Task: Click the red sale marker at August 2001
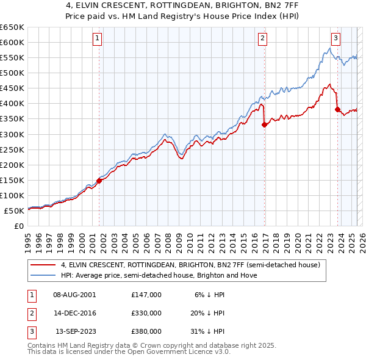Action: [x=99, y=181]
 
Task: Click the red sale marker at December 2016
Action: [x=264, y=124]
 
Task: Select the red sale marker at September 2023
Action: [x=337, y=109]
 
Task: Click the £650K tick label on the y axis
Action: [x=12, y=27]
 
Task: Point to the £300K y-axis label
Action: [x=12, y=134]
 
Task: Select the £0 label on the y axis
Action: [x=18, y=226]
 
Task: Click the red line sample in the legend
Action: [x=43, y=265]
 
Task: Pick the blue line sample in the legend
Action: [x=43, y=276]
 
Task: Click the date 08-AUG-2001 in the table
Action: [x=74, y=295]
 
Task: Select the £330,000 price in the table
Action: [x=146, y=313]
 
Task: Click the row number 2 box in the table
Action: [x=30, y=313]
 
